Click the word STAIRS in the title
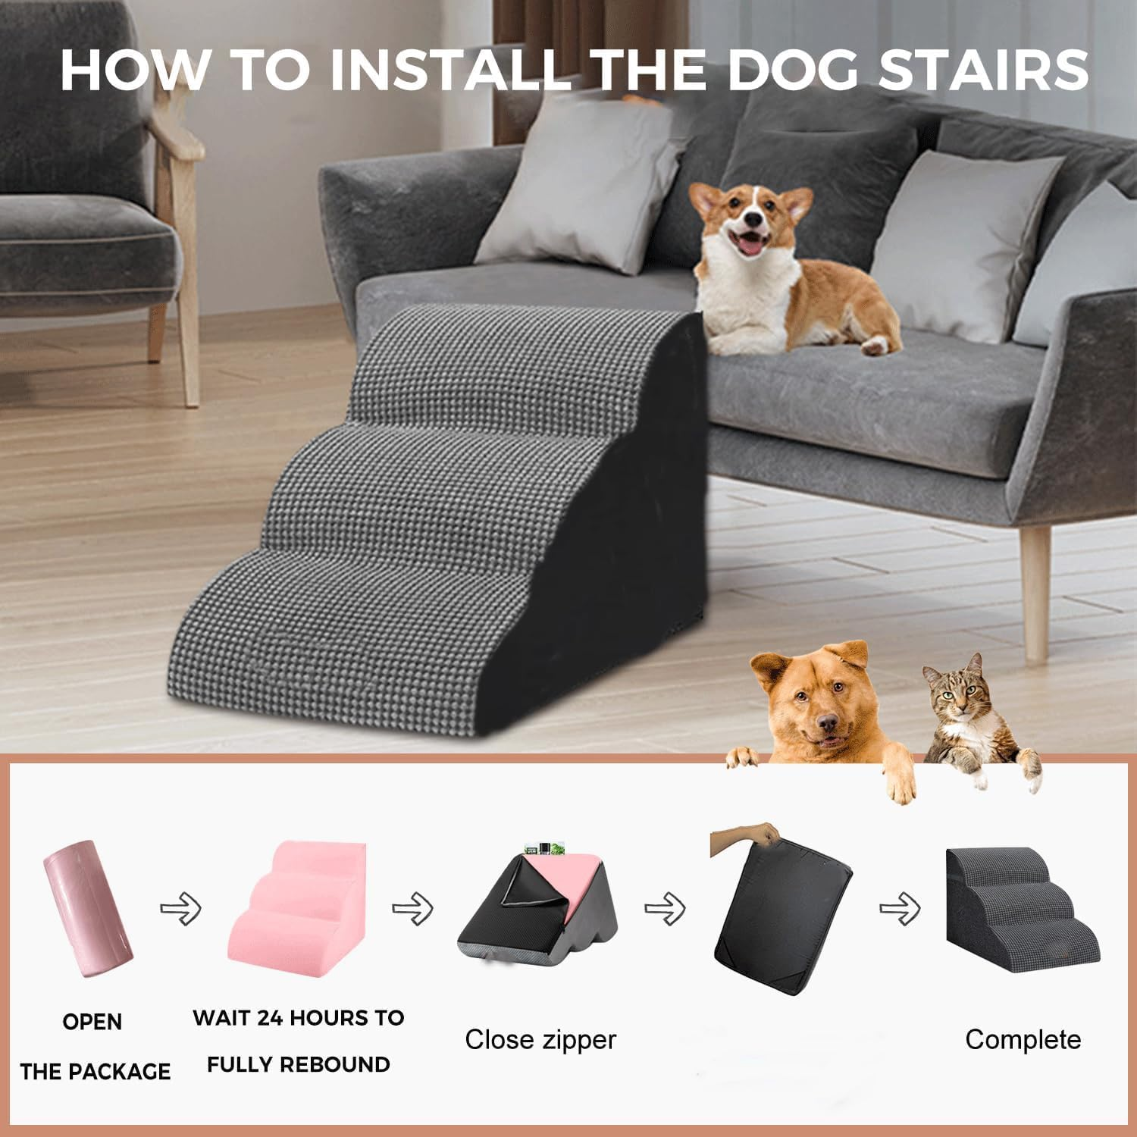[x=983, y=70]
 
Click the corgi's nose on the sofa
[x=753, y=220]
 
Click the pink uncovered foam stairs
[x=297, y=902]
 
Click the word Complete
[x=1023, y=1039]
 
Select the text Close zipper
[x=540, y=1039]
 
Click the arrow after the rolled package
[x=180, y=907]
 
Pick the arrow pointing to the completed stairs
[x=900, y=907]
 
